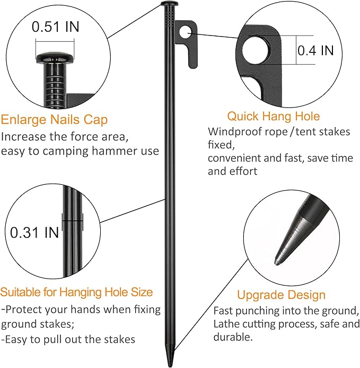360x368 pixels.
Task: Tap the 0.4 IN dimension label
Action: tap(315, 50)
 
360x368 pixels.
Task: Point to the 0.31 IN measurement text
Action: tap(35, 232)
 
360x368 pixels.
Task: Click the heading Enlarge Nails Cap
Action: tap(55, 120)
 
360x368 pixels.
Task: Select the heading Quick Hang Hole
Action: tap(274, 116)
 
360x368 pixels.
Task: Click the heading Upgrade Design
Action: tap(281, 295)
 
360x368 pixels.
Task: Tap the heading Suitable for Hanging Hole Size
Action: tap(77, 292)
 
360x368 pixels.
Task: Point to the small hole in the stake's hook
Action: tap(184, 32)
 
